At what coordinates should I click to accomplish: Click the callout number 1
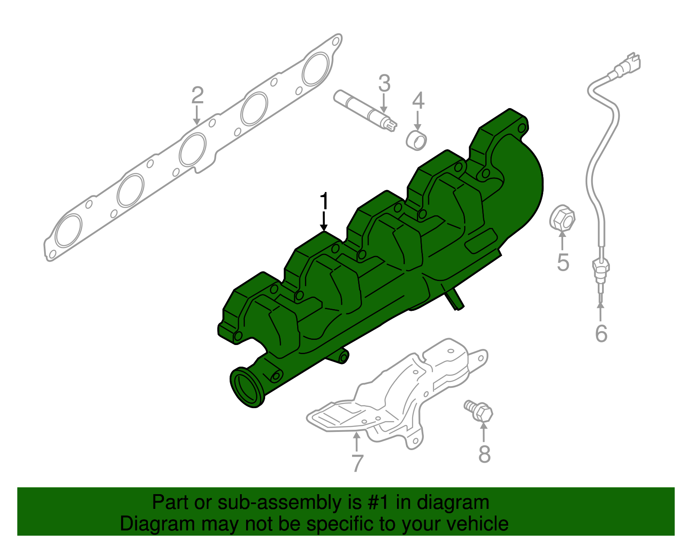point(324,201)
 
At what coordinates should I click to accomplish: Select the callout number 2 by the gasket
point(197,95)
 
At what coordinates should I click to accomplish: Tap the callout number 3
point(384,83)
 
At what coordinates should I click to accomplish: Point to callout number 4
point(418,101)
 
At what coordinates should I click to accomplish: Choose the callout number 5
point(563,262)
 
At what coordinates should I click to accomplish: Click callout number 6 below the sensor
point(601,333)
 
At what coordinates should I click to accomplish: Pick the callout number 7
point(357,463)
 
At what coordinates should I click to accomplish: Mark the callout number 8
point(484,454)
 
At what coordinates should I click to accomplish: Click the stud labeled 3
point(363,110)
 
